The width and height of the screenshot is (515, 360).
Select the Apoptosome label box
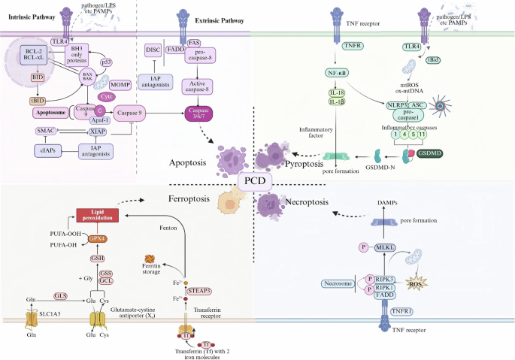[x=51, y=113]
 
